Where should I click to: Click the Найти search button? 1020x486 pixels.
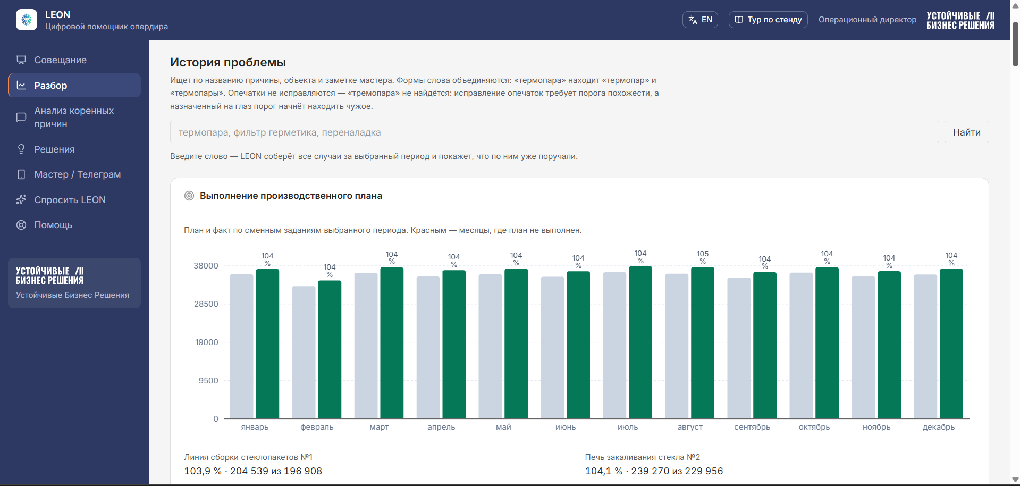point(966,132)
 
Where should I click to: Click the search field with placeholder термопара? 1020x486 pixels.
point(554,132)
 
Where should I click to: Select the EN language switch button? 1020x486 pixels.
point(700,20)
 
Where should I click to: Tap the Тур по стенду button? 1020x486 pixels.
point(768,20)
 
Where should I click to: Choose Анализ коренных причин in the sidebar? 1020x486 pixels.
point(74,117)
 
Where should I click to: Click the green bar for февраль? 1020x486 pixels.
point(330,349)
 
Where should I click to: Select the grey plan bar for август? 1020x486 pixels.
point(677,346)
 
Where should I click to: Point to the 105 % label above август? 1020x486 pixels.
point(703,257)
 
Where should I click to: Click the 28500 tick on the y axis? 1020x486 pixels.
point(206,304)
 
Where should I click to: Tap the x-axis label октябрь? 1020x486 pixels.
point(814,427)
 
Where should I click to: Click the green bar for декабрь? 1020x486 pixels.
point(951,343)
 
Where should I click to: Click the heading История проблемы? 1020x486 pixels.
point(228,62)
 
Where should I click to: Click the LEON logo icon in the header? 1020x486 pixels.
point(27,20)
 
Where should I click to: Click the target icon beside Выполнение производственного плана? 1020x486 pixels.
point(189,196)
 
